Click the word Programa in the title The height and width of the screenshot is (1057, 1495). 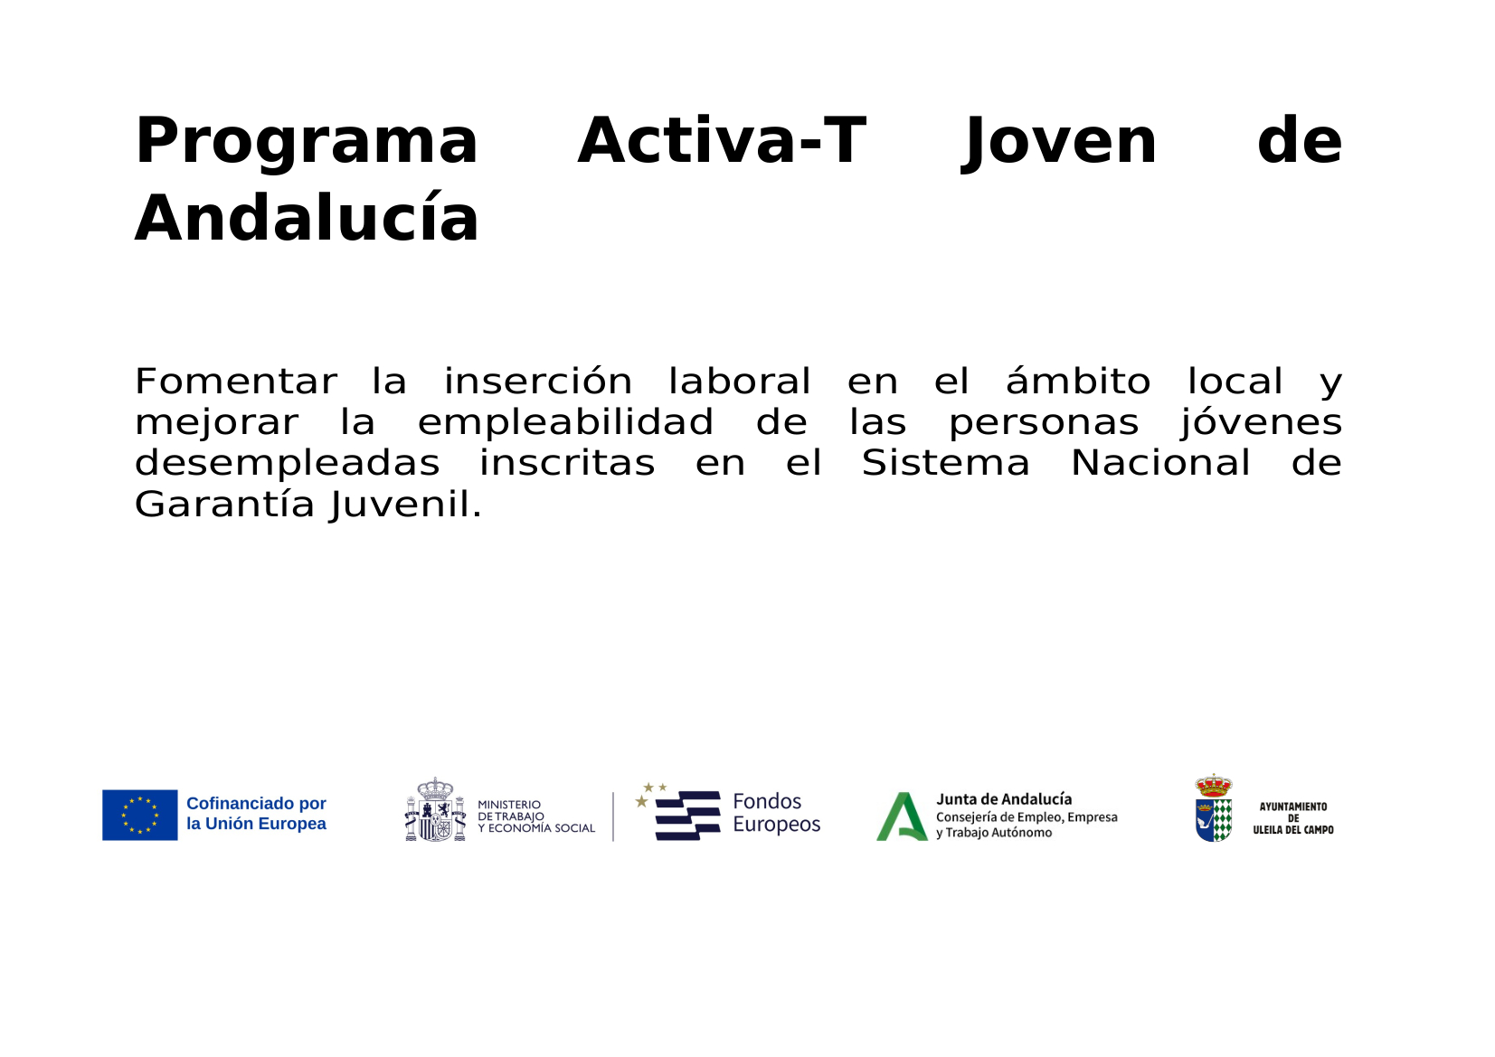306,142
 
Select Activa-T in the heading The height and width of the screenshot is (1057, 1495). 721,142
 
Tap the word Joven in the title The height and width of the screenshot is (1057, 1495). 1059,142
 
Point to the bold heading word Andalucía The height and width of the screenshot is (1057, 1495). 307,220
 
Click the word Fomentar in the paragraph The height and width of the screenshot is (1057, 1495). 235,382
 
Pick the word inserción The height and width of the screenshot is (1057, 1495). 537,382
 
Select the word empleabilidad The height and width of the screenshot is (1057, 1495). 565,422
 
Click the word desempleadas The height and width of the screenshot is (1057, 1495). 287,463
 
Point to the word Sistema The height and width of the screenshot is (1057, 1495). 945,463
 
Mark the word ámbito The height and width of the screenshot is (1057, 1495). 1077,382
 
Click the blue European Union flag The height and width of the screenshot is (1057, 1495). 139,815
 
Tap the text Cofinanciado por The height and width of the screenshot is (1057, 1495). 256,803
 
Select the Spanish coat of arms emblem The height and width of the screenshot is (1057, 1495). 435,810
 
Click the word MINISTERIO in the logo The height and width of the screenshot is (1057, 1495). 509,805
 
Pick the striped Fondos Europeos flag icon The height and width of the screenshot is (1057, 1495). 686,815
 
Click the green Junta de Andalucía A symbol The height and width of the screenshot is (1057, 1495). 902,816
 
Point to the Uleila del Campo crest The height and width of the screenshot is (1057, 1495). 1213,808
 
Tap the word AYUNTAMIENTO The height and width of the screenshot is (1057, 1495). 1293,807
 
